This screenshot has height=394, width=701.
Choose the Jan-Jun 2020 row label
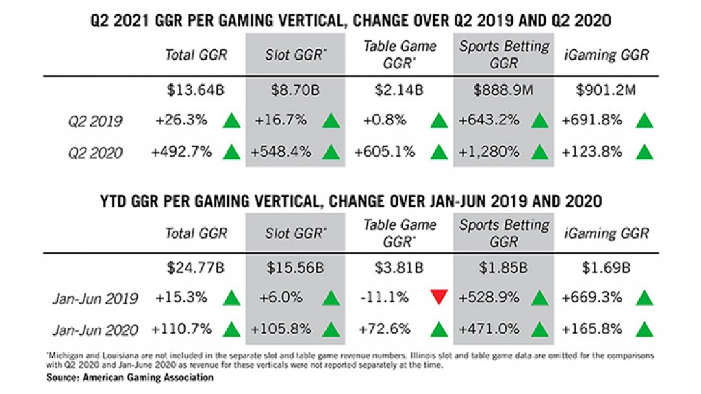pos(94,330)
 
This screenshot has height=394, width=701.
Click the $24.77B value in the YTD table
pos(194,267)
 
